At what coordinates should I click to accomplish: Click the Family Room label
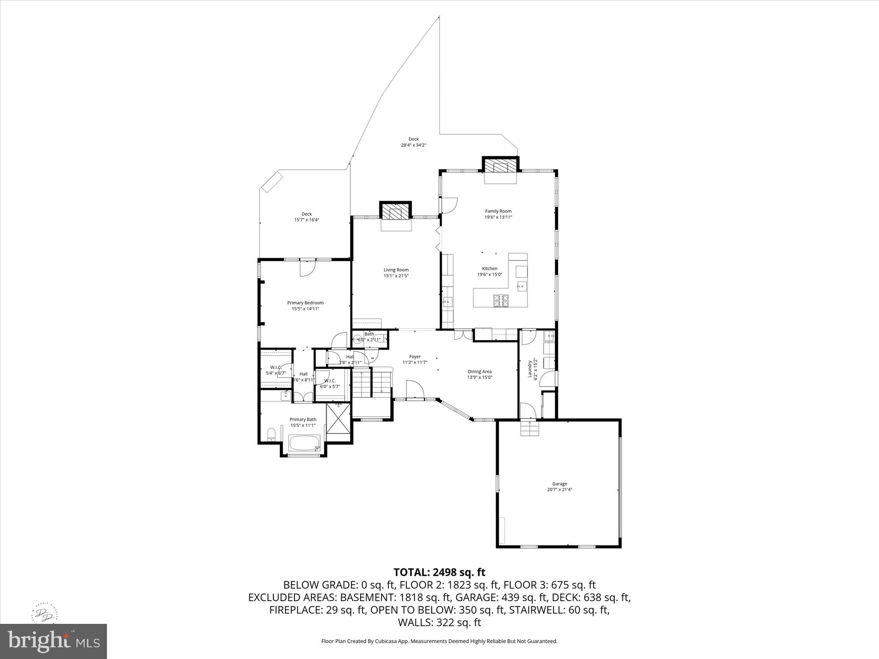pos(498,211)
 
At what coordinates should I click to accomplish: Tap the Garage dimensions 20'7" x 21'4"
pos(560,490)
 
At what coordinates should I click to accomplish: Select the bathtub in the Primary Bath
pos(304,443)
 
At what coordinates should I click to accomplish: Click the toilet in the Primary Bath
pos(271,434)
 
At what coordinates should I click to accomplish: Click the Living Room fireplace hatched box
pos(395,212)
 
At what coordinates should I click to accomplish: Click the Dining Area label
pos(479,372)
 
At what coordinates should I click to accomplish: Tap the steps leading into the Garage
pos(530,428)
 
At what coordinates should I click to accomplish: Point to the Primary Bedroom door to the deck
pos(307,269)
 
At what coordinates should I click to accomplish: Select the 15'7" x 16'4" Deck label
pos(306,220)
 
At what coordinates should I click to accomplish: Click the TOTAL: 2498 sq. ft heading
pos(439,572)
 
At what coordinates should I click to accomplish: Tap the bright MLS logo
pos(54,641)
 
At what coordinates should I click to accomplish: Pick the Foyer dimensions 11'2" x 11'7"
pos(415,363)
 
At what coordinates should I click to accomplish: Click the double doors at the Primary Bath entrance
pos(303,397)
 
